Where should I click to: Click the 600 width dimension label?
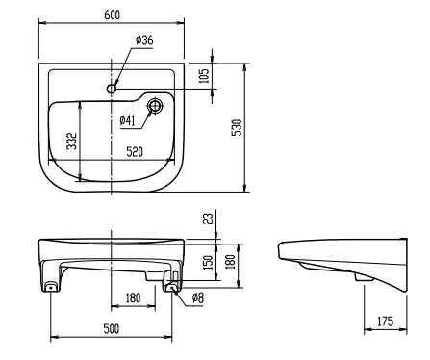click(x=113, y=14)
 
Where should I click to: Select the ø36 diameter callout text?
click(x=144, y=40)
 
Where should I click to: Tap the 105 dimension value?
click(x=204, y=76)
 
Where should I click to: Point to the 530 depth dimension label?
click(x=237, y=127)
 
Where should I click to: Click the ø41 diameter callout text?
click(x=128, y=120)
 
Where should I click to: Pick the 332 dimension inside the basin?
click(x=72, y=141)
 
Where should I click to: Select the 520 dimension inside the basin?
click(x=135, y=152)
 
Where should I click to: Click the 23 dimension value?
click(x=208, y=219)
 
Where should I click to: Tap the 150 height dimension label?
click(x=209, y=262)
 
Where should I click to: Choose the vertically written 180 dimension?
click(x=230, y=262)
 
